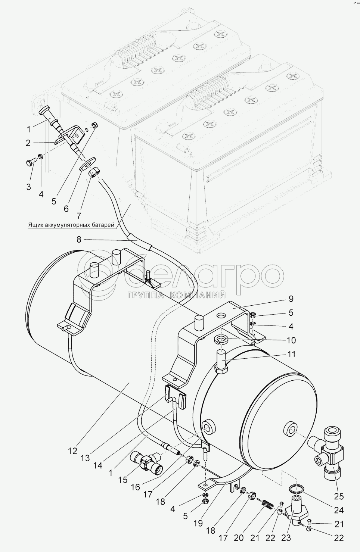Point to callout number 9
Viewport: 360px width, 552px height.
pos(291,299)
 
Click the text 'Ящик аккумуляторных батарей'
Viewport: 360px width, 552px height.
pos(71,225)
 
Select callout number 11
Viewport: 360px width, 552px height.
pos(291,353)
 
